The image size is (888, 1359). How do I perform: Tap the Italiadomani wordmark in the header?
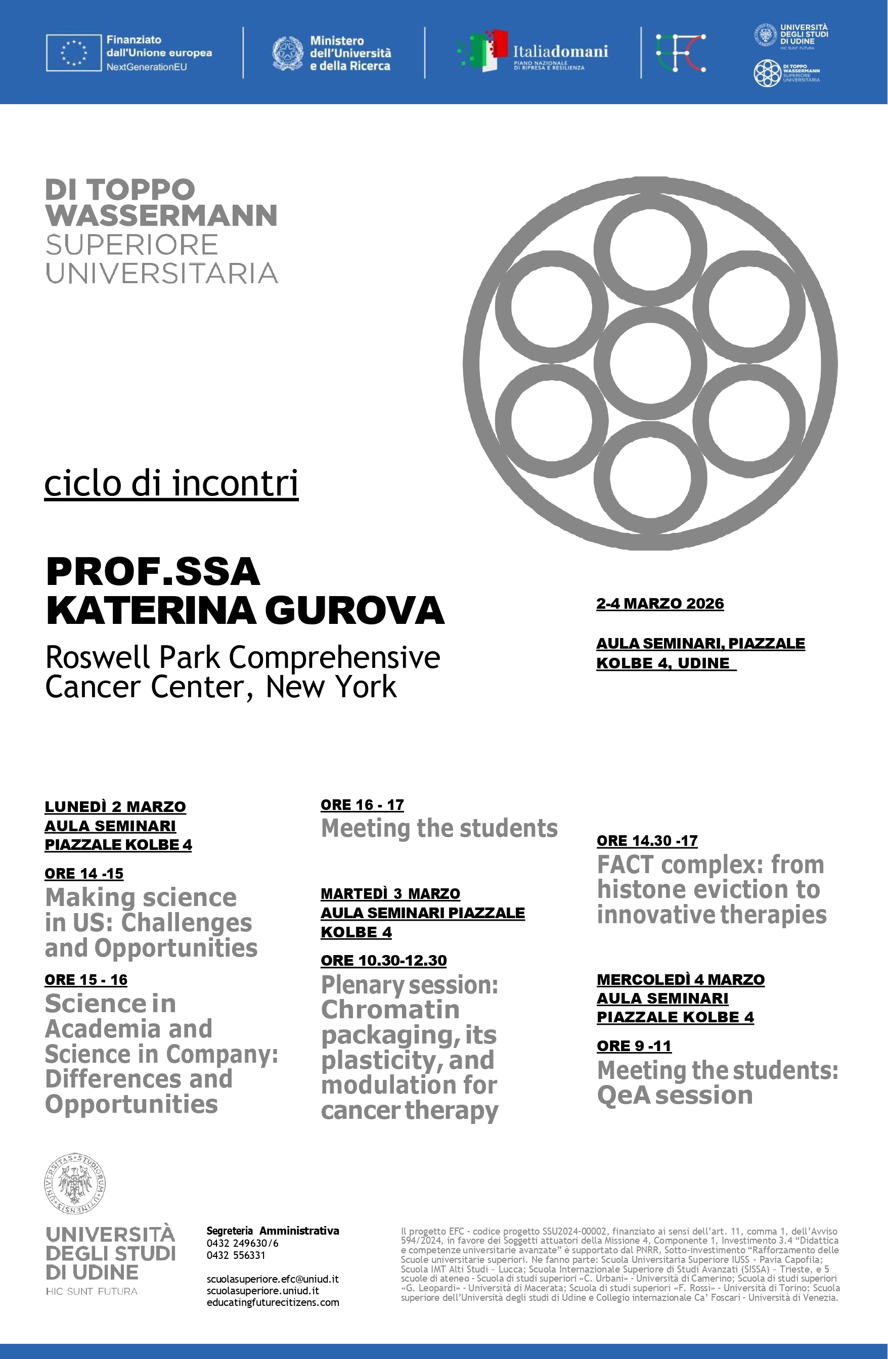(x=560, y=52)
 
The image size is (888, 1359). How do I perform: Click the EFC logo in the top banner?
(x=680, y=53)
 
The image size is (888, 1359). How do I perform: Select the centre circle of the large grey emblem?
(x=650, y=364)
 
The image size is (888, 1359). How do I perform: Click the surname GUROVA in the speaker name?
(x=354, y=610)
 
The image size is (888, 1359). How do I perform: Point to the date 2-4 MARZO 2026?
(x=659, y=604)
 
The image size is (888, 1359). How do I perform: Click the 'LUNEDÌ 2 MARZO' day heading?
(x=115, y=806)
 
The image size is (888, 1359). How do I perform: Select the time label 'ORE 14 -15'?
(x=84, y=873)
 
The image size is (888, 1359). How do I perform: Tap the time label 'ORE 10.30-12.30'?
(x=383, y=960)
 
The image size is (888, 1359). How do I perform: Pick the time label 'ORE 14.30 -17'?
(x=647, y=840)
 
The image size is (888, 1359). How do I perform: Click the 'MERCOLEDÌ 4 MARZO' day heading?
(x=680, y=979)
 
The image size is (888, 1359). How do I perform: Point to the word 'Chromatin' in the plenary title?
(x=390, y=1010)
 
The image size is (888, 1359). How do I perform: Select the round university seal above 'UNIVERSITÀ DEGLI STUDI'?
(x=75, y=1183)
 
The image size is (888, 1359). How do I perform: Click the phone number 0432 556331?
(x=236, y=1254)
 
